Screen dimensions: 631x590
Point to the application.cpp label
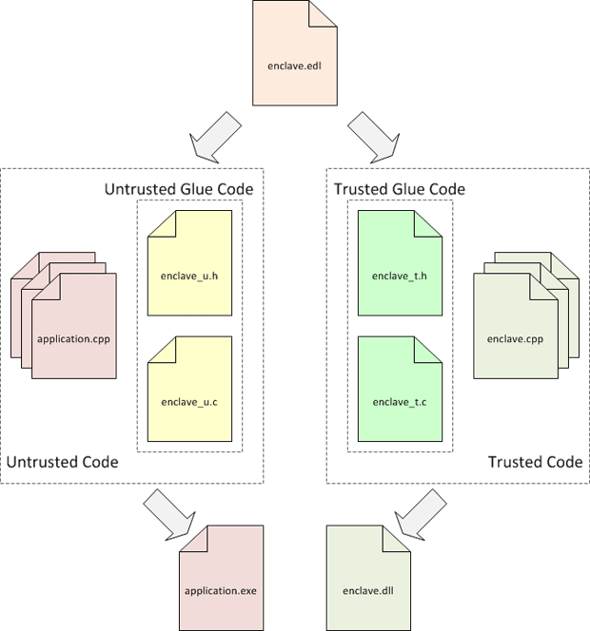pos(74,338)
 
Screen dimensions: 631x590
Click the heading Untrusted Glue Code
pos(178,189)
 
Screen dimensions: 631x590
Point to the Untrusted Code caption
pos(63,462)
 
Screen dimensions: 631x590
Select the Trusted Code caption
pos(535,462)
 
